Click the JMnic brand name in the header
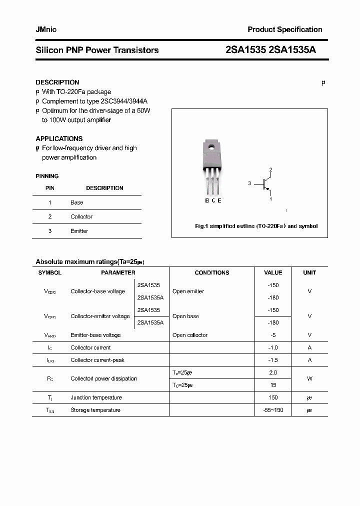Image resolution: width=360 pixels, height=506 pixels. [46, 29]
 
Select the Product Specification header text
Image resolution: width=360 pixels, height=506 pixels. [285, 29]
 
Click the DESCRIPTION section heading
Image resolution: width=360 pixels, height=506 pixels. [57, 82]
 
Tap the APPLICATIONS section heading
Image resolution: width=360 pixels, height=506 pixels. [59, 138]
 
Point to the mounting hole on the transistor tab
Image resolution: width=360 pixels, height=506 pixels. [211, 148]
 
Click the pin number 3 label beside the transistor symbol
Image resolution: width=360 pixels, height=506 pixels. [249, 183]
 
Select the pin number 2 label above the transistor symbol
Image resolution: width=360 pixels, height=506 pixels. [270, 170]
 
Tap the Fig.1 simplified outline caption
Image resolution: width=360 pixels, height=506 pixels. [256, 226]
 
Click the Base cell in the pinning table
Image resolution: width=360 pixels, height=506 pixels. [77, 202]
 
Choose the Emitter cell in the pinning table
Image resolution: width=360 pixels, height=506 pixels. [79, 231]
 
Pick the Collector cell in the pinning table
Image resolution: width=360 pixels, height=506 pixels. [81, 216]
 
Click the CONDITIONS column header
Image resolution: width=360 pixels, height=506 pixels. [212, 272]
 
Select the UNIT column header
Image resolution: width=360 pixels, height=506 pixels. [309, 272]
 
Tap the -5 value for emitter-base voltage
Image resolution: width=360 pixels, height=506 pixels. [273, 335]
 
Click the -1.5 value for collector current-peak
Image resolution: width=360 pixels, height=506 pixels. [273, 360]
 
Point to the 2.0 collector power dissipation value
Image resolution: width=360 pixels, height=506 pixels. [273, 372]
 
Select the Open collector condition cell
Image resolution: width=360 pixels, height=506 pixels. [190, 335]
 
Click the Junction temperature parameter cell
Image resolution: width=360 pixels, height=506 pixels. [96, 397]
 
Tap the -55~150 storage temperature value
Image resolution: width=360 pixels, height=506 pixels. [273, 410]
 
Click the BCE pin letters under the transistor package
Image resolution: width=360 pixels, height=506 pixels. [213, 200]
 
